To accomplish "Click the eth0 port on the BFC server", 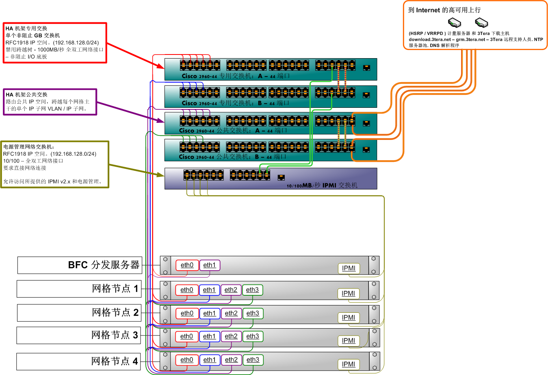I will (x=187, y=265).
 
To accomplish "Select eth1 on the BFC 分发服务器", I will (x=210, y=265).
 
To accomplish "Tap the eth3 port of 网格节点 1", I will (x=252, y=290).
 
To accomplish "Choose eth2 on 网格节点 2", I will (x=231, y=314).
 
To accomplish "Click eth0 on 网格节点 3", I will (x=186, y=337).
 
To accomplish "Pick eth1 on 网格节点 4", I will (x=210, y=360).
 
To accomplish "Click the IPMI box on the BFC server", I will (x=349, y=268).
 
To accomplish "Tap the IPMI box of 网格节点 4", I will (x=349, y=364).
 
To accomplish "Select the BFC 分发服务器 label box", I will (x=80, y=265).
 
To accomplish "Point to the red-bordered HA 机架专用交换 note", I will (x=55, y=43).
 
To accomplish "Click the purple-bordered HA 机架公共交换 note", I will (x=50, y=102).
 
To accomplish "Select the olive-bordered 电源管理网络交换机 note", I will (x=54, y=164).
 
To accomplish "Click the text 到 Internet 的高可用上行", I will (x=444, y=10).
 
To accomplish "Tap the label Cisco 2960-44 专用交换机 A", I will (x=236, y=76).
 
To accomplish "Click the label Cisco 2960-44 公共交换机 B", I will (x=232, y=157).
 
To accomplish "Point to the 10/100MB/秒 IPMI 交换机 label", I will (x=322, y=185).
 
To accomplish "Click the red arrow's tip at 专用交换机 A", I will (x=163, y=68).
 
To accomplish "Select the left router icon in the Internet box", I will (x=454, y=22).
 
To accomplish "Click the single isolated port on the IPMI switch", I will (x=281, y=177).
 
